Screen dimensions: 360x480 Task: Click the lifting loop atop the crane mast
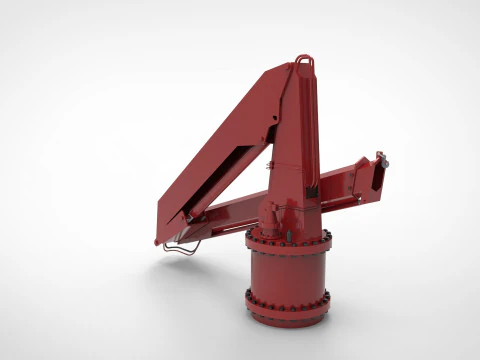[x=305, y=62]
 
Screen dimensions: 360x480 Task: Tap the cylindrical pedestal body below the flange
[x=287, y=272]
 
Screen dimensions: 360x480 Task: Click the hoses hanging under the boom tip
[x=180, y=249]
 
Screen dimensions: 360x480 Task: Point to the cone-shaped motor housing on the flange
[x=272, y=215]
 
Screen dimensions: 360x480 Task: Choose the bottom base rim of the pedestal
[x=287, y=318]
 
